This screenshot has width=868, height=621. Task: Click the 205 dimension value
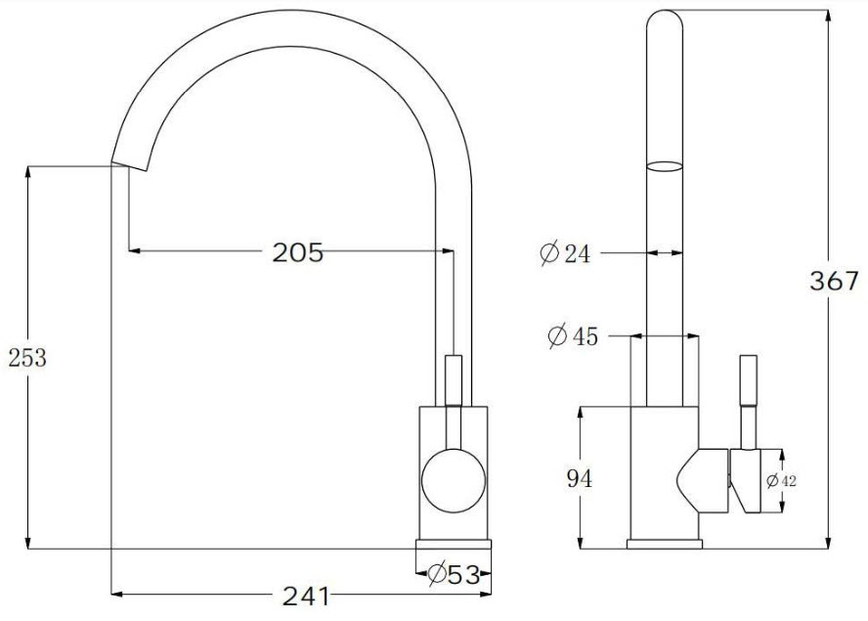297,252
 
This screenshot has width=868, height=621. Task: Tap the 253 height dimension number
27,357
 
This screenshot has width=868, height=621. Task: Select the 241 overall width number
306,597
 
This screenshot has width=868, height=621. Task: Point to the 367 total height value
834,281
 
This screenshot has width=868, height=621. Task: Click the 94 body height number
580,478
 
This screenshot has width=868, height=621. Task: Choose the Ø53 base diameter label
454,574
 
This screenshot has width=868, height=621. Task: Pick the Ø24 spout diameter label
565,253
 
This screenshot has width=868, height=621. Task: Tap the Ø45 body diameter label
573,335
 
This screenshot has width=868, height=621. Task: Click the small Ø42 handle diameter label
781,481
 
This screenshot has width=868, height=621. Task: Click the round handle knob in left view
454,480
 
